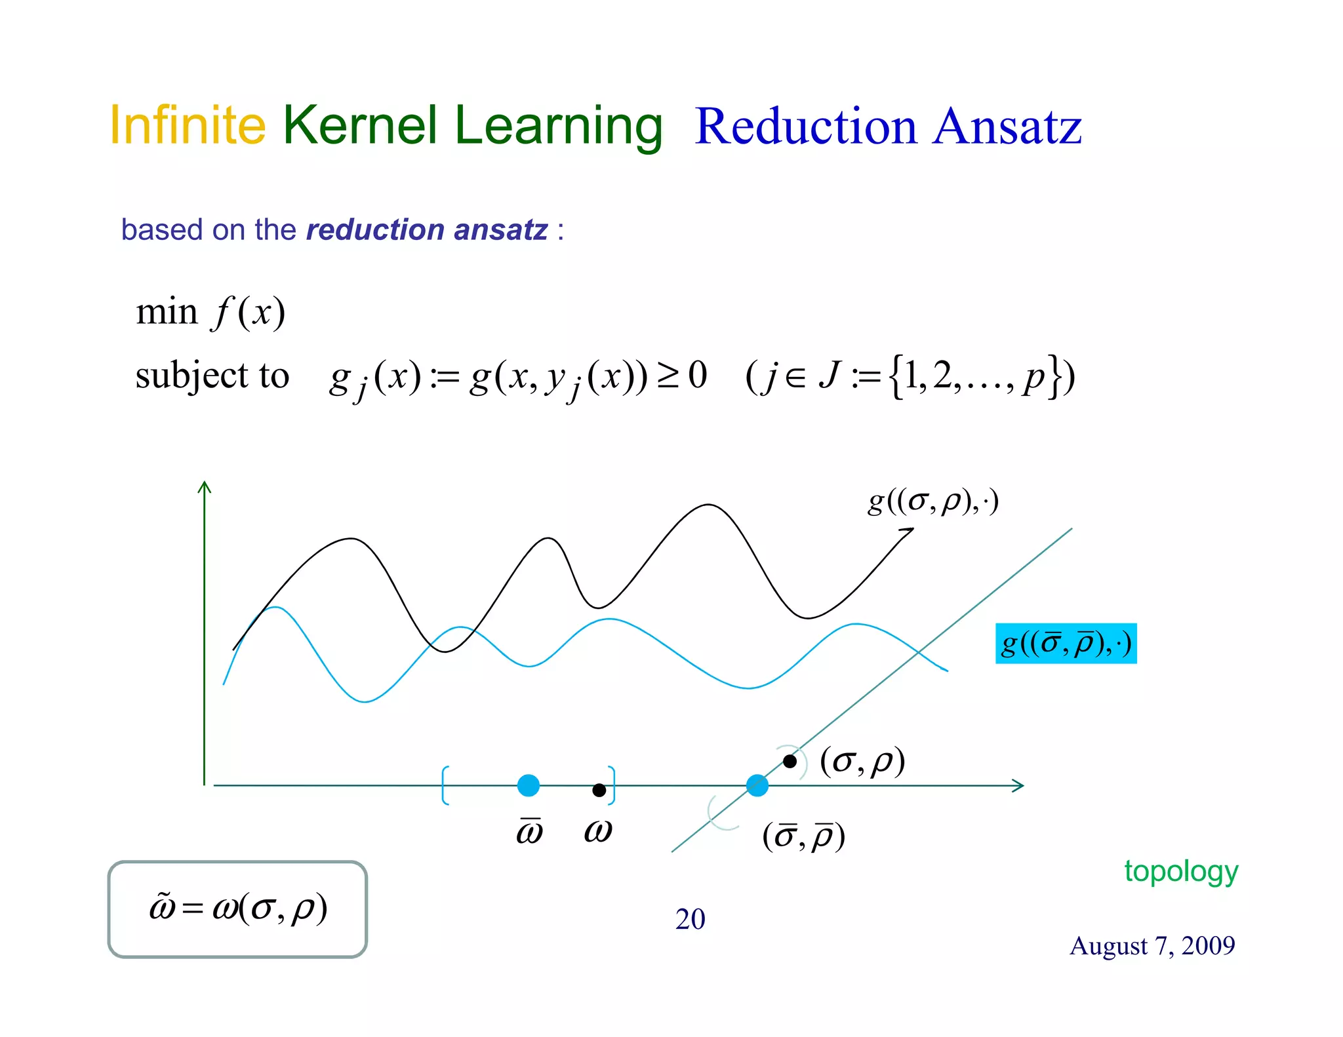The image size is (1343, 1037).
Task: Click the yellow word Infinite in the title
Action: (188, 125)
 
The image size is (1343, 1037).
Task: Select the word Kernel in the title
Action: (360, 125)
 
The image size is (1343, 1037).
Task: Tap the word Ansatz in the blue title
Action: (1007, 127)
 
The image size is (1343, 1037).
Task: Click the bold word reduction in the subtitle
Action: (375, 230)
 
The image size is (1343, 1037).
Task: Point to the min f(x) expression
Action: (210, 312)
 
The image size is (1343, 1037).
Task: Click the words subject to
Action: (212, 376)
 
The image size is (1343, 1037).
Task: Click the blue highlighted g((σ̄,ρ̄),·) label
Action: (1066, 644)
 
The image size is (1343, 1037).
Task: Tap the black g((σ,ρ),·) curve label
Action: (932, 501)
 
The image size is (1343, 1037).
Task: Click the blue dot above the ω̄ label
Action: (529, 785)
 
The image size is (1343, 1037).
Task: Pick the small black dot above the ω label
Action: (599, 790)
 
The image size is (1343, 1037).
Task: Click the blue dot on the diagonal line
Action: (757, 785)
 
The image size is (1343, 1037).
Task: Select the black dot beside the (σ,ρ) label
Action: (790, 762)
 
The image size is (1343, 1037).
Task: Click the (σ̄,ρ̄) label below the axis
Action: (803, 837)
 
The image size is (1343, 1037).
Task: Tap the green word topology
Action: (1181, 872)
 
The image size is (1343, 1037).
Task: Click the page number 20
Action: (690, 919)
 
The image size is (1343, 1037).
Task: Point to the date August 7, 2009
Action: (1152, 946)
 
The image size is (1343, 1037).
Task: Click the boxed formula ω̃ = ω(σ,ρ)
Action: (237, 909)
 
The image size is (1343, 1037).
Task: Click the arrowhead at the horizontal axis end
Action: (1018, 785)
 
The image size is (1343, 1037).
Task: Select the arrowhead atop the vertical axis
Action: (205, 487)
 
